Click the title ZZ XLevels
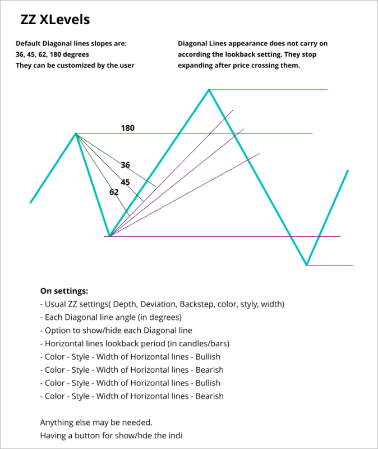(55, 20)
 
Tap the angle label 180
(128, 128)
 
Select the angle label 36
(126, 165)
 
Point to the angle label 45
(126, 182)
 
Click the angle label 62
(114, 192)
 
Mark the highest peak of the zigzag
(209, 89)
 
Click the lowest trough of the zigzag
(306, 264)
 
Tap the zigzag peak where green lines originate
(76, 134)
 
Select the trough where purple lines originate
(110, 236)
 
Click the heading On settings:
(64, 291)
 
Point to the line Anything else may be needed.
(96, 422)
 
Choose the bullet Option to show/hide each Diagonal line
(116, 330)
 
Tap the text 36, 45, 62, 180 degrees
(52, 54)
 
